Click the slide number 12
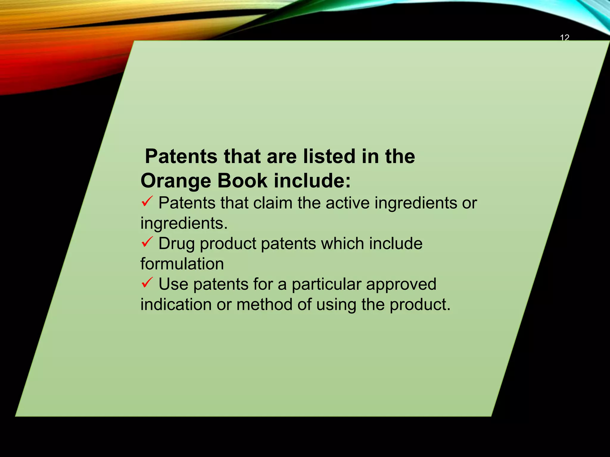(x=564, y=38)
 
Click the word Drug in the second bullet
(x=177, y=244)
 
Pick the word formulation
(x=182, y=264)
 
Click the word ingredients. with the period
(x=184, y=224)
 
